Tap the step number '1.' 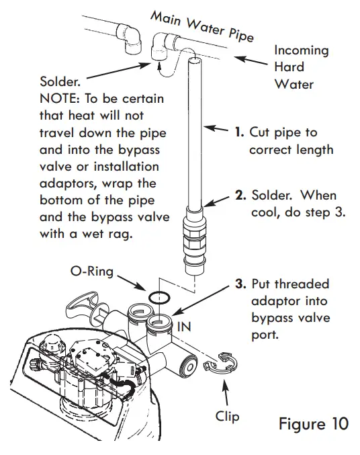pyautogui.click(x=238, y=132)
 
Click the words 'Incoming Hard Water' pyautogui.click(x=302, y=67)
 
